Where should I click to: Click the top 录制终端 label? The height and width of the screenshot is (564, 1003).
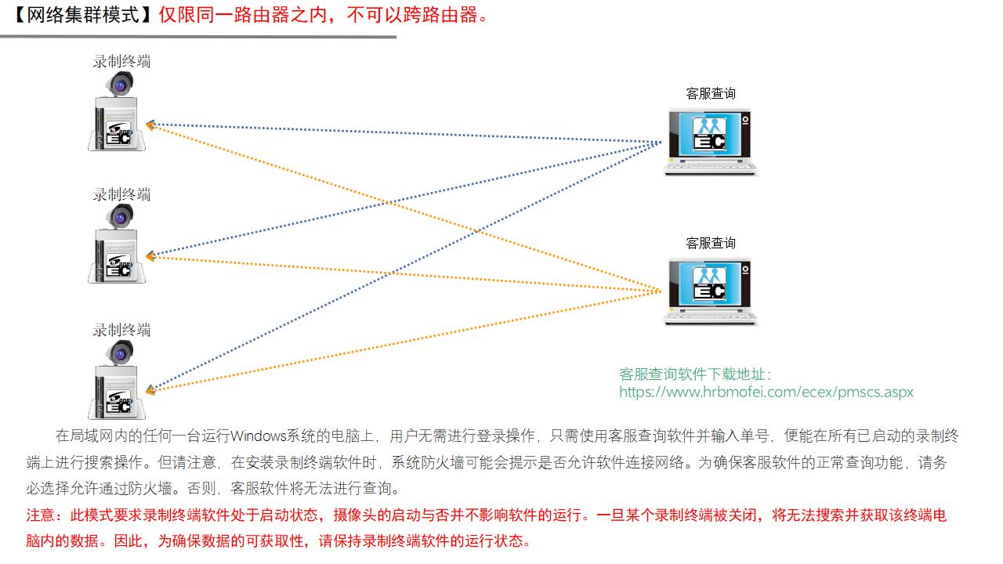[x=121, y=61]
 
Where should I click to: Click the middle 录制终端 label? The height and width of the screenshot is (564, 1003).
[x=121, y=194]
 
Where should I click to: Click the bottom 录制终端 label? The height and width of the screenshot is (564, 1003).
[x=121, y=330]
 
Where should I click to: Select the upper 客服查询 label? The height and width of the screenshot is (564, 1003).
[x=711, y=93]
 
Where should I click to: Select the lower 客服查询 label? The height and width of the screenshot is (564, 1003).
[x=711, y=243]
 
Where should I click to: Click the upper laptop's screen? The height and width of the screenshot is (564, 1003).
[x=708, y=132]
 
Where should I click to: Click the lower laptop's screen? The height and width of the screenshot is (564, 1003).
[x=708, y=282]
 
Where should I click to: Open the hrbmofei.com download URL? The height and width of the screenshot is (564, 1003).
[x=766, y=392]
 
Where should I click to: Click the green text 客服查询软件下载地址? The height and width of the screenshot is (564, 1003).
[x=694, y=374]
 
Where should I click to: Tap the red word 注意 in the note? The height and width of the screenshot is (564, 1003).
[x=43, y=515]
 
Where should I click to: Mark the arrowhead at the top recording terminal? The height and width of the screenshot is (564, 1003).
[x=151, y=124]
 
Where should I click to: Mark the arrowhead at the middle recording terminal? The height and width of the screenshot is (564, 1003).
[x=151, y=256]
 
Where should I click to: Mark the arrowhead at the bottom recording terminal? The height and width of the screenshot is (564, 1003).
[x=151, y=389]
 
